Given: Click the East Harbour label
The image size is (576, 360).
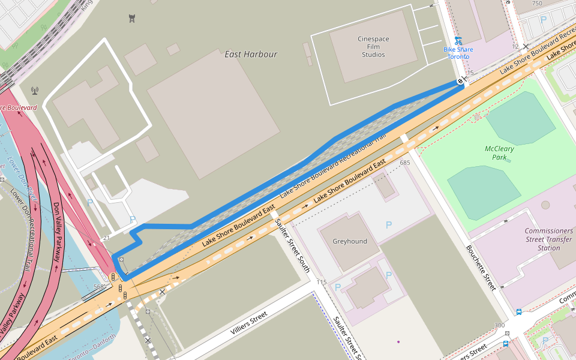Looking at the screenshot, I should [251, 54].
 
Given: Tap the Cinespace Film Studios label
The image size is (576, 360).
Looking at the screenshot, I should [373, 47].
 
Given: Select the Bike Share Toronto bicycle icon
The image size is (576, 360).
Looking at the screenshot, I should [458, 40].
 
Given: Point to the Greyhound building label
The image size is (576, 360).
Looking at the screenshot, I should [350, 241].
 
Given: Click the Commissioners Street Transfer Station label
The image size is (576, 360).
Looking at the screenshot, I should [549, 239].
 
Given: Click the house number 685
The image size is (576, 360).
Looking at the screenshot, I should [404, 162].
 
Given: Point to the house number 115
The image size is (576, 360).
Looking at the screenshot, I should [322, 282].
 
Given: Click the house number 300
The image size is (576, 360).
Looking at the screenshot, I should [499, 325].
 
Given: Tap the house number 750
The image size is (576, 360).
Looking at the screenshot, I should [536, 4].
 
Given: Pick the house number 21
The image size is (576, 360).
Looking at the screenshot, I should [106, 239].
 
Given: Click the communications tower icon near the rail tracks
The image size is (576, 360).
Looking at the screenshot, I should [35, 91].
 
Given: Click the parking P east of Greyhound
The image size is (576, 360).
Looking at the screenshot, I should [389, 225].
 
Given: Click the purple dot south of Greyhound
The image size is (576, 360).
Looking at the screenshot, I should [398, 342].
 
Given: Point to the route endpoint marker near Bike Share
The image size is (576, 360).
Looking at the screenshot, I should [460, 81].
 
